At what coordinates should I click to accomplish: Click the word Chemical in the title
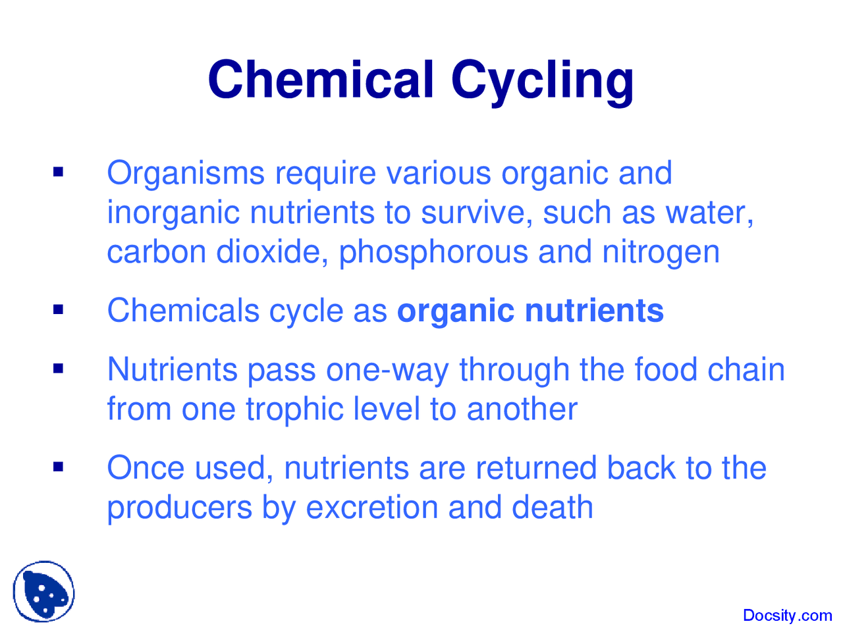click(x=321, y=79)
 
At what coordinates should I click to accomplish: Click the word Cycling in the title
click(x=543, y=82)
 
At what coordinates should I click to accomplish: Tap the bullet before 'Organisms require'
click(x=59, y=173)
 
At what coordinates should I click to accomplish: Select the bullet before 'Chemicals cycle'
click(x=59, y=309)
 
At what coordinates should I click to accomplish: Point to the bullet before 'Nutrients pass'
click(x=59, y=369)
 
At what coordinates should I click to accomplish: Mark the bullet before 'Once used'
click(x=59, y=467)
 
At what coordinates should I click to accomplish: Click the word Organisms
click(x=186, y=174)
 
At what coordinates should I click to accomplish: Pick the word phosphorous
click(x=433, y=253)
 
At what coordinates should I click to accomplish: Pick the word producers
click(x=180, y=508)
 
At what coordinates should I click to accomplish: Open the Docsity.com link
click(x=787, y=616)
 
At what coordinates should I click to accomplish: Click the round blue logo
click(x=43, y=591)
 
